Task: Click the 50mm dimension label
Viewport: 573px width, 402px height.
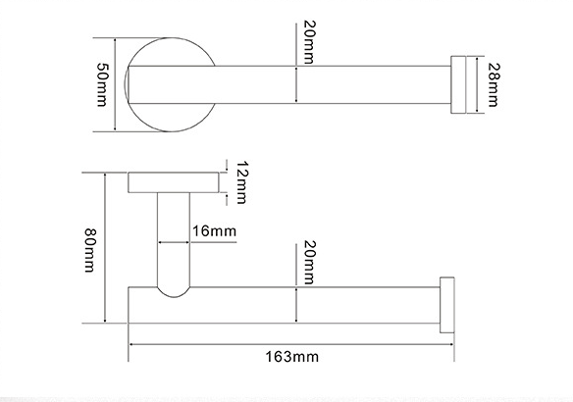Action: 102,84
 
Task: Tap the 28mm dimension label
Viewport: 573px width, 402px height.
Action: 494,84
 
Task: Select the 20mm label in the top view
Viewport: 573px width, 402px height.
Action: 309,42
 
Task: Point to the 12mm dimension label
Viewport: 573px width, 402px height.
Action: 241,182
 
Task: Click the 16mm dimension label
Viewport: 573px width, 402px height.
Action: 214,231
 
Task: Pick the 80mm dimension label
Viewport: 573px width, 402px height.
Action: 90,250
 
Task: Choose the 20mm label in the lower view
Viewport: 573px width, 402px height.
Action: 309,262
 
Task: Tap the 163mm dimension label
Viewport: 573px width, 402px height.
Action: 291,357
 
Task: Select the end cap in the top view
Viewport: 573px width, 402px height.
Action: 458,84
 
